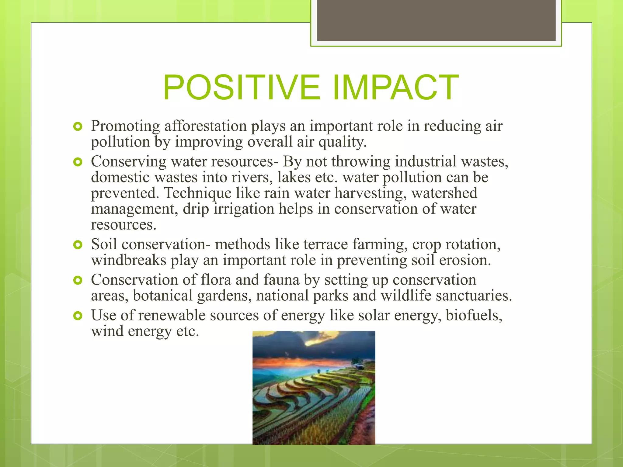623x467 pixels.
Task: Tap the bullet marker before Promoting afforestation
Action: (x=78, y=126)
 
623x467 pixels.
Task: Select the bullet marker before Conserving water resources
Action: (x=78, y=162)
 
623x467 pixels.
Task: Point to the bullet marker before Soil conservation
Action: (x=78, y=245)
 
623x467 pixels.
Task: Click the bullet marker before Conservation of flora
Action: (x=78, y=280)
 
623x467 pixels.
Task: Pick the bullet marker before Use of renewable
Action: (x=78, y=316)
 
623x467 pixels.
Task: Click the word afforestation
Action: (x=205, y=126)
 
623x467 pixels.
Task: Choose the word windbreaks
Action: (x=128, y=260)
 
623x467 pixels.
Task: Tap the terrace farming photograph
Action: (x=314, y=388)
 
